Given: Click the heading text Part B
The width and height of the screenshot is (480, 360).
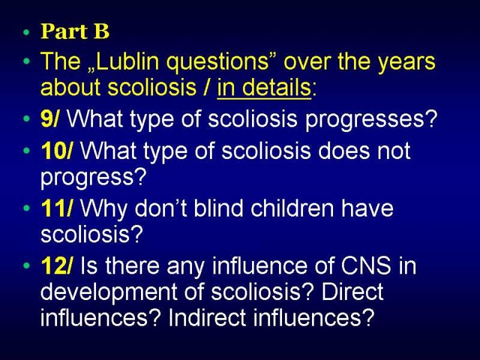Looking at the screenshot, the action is tap(75, 31).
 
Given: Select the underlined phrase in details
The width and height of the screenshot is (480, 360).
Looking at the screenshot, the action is tap(264, 87).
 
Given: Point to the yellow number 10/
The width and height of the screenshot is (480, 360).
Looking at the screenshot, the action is tap(57, 151).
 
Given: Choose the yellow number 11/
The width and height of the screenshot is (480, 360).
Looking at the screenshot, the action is tap(57, 208).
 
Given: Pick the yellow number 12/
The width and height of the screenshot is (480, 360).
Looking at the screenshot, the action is tap(57, 266).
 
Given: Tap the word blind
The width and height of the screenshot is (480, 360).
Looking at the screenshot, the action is tap(218, 208).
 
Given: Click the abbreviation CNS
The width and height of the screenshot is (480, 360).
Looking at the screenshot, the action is tap(366, 265).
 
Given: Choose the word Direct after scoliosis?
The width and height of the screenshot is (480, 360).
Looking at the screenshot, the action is tap(352, 292).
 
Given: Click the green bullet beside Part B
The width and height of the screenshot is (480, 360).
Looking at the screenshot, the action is tap(27, 32).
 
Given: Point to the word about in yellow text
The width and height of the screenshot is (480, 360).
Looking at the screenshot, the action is tap(71, 87).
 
